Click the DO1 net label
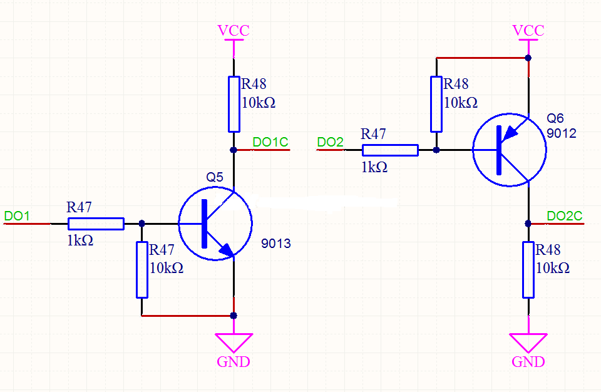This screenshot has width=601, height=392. point(17,216)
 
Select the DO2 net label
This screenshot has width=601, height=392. point(330,142)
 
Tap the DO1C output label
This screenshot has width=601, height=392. point(270,142)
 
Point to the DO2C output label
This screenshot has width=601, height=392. point(564,216)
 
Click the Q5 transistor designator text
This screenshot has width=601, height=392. point(215,177)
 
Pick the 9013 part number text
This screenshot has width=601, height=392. point(276,244)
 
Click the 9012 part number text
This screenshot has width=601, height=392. point(561,133)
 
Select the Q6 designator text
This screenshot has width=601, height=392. point(555,118)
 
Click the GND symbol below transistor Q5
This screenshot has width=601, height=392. point(234,342)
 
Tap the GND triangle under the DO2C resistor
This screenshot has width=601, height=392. point(528,342)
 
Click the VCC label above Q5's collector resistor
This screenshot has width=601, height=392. point(234,31)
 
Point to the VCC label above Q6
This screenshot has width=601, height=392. point(528,31)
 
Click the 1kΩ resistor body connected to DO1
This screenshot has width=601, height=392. point(96,224)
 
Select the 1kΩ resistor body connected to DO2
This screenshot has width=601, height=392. point(390,150)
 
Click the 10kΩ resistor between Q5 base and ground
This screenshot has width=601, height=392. point(142,270)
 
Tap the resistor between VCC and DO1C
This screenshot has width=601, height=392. point(234,104)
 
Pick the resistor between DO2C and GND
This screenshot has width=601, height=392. point(528,270)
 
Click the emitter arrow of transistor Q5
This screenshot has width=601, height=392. point(226,250)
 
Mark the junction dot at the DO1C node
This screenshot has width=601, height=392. point(234,150)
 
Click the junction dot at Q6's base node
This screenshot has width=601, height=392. point(436,150)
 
